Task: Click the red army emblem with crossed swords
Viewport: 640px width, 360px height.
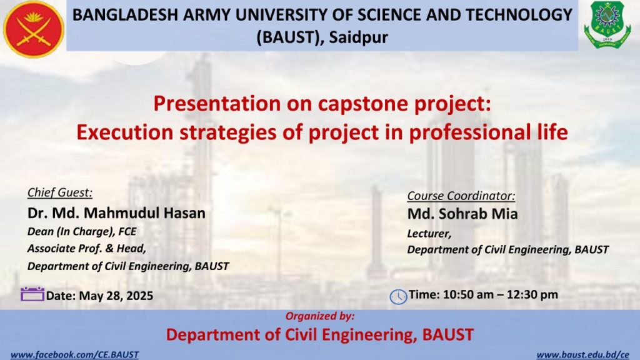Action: point(34,29)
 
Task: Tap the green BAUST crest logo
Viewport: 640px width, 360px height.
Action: point(607,25)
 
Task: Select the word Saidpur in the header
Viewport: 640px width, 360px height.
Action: point(358,37)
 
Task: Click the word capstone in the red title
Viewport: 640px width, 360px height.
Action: point(363,104)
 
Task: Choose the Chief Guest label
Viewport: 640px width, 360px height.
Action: point(60,192)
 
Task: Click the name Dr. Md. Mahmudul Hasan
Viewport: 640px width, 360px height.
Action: point(116,213)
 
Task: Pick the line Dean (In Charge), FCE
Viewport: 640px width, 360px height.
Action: point(82,231)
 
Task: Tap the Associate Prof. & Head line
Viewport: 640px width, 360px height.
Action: point(86,249)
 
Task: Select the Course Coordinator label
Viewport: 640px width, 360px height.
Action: point(461,196)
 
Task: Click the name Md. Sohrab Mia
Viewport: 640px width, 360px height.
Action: point(462,214)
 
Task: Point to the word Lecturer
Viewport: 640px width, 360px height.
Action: point(429,234)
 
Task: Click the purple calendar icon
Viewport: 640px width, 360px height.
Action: point(32,294)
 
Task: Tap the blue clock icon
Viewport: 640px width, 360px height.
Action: point(398,297)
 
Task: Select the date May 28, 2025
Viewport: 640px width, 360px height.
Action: point(116,296)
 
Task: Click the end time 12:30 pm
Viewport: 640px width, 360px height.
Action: point(532,295)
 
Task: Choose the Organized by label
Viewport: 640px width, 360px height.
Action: point(320,316)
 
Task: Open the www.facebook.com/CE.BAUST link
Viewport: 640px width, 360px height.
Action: point(75,355)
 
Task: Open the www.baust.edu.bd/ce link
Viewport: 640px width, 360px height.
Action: point(583,355)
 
